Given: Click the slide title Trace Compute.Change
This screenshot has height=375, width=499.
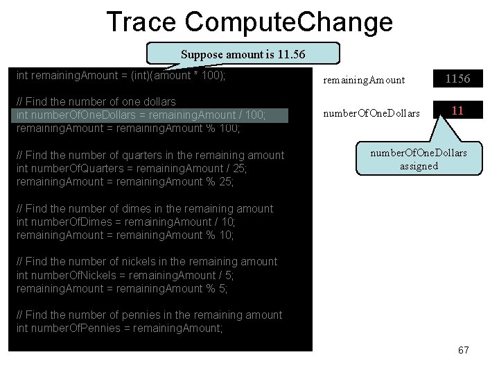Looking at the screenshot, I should [x=249, y=22].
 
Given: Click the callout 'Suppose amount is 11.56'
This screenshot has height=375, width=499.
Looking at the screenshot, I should [x=243, y=54].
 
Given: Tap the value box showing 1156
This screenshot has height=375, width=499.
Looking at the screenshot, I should [x=457, y=79].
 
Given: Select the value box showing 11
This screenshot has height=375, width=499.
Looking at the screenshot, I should [x=457, y=110].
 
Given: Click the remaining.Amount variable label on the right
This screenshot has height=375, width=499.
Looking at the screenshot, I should [x=364, y=80].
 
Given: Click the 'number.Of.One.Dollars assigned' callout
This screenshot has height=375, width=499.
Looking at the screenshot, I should [x=419, y=159].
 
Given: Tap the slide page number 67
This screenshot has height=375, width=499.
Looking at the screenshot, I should [x=463, y=350].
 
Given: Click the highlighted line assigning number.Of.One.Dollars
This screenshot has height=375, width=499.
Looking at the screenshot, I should [x=141, y=115].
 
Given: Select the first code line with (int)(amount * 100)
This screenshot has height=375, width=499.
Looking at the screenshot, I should [x=121, y=74].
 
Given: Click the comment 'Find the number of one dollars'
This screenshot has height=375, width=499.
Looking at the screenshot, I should [x=96, y=101].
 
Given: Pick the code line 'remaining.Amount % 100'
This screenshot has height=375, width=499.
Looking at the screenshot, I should [x=128, y=128].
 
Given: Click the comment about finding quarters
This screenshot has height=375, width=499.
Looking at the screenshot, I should [x=150, y=155].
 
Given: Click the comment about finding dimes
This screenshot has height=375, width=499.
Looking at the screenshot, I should [x=145, y=208].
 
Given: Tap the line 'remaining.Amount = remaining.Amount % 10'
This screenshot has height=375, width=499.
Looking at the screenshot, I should [x=125, y=235].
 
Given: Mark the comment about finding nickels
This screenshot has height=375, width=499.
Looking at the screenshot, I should [x=147, y=262].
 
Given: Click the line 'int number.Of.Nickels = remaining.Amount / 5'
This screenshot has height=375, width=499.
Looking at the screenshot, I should [x=121, y=275].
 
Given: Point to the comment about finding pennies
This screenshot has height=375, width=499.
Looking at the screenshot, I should [x=150, y=315].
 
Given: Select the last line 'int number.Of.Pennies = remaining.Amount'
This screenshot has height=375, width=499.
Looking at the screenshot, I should [x=120, y=328].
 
